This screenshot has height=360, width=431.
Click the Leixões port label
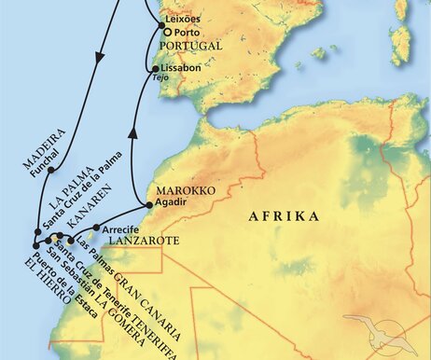pos(181,19)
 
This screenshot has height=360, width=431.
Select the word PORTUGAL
pos(191,45)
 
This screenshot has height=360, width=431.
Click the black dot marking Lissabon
pos(156,68)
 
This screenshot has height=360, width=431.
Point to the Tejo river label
pos(164,80)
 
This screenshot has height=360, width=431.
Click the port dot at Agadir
pos(148,203)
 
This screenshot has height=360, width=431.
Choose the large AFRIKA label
pos(281,215)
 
